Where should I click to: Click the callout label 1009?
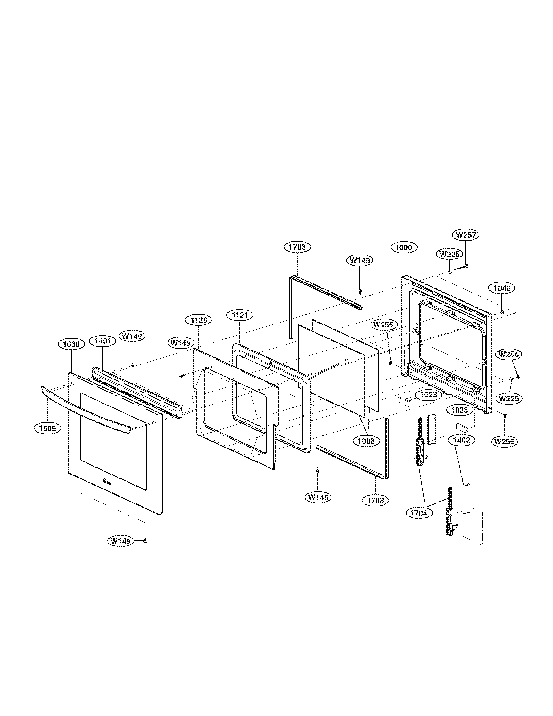[x=47, y=428]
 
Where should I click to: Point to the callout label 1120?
[x=198, y=320]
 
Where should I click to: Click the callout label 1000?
[x=404, y=248]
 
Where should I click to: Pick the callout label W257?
[x=465, y=235]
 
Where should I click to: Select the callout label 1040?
[x=502, y=288]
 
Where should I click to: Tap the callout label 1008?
[x=366, y=441]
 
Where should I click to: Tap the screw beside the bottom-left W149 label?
[x=145, y=541]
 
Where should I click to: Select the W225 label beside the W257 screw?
[x=450, y=254]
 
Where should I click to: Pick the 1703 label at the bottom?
[x=375, y=500]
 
